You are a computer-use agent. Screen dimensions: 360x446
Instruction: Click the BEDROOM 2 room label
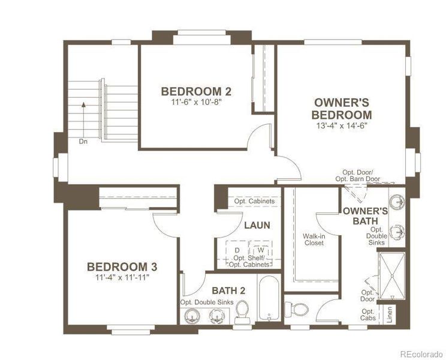196,91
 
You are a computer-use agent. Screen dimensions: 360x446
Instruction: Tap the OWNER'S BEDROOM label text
343,108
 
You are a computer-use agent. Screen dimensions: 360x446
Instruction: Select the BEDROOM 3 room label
122,266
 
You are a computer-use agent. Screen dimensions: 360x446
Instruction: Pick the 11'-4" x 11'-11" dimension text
122,277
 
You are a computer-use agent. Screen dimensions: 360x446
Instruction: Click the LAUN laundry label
257,226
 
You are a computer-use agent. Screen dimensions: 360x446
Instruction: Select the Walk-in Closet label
314,240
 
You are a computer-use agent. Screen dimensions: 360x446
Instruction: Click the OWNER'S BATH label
365,216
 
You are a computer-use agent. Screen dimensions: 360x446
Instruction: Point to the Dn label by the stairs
83,142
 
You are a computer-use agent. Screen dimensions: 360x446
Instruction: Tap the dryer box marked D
237,250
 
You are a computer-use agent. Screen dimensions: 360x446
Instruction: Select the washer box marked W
260,250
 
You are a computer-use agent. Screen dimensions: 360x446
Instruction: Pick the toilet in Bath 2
243,311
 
